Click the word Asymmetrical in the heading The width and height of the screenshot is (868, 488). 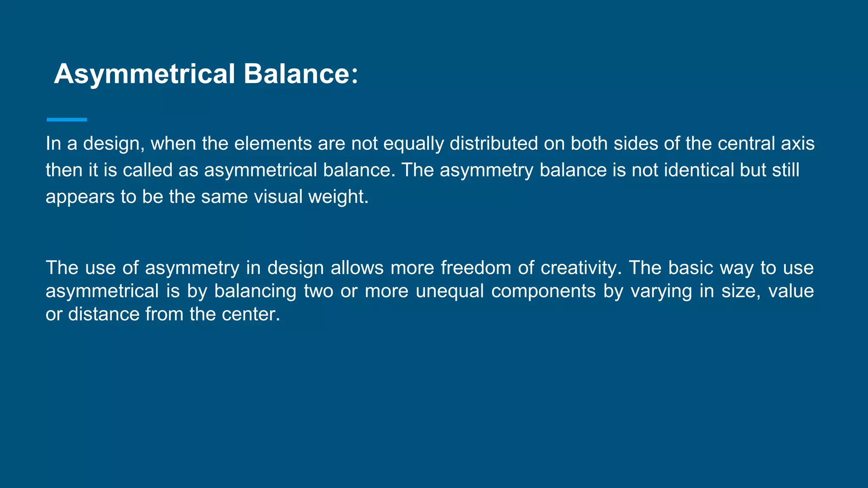[x=145, y=74]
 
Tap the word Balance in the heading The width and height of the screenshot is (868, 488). [x=296, y=74]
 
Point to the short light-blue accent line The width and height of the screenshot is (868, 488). [x=67, y=120]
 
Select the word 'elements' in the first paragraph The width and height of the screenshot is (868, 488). [x=273, y=144]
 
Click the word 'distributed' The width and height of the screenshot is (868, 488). [x=494, y=144]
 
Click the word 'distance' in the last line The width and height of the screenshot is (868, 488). [x=104, y=314]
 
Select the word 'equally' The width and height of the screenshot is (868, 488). [x=414, y=144]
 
